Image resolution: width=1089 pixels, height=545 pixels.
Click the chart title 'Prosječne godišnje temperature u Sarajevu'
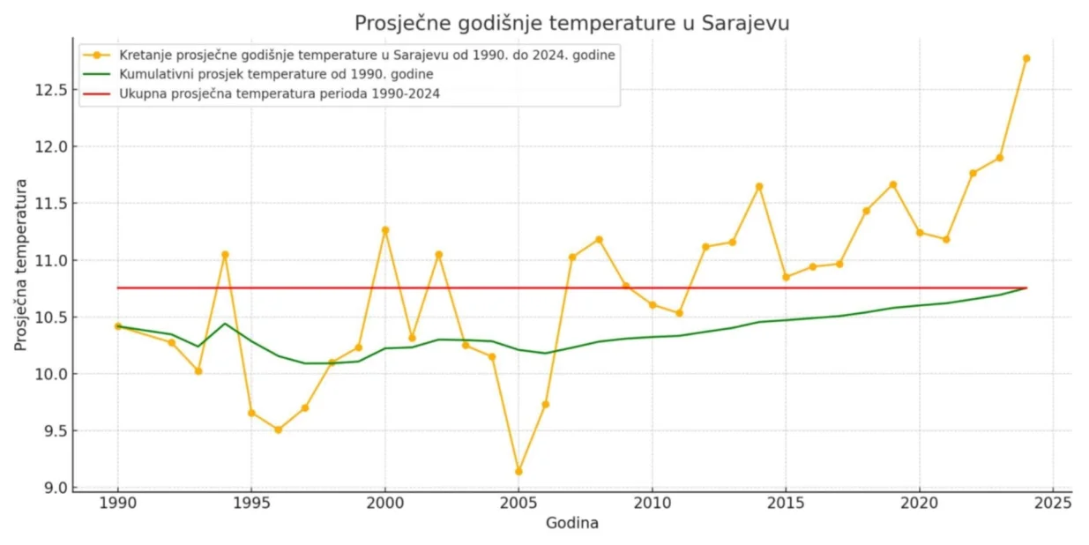(x=571, y=23)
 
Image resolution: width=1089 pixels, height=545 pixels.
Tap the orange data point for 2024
(x=1026, y=58)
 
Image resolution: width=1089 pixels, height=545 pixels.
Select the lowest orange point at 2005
(x=518, y=472)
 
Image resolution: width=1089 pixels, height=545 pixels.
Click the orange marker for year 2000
(x=385, y=230)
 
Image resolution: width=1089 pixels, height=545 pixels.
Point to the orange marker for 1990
(x=118, y=326)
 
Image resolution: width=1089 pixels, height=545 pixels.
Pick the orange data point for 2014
(x=759, y=186)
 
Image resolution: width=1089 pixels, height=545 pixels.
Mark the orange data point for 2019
(x=892, y=184)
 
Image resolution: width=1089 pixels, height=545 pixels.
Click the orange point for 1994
(x=225, y=254)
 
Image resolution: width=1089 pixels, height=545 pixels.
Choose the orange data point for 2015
(x=786, y=277)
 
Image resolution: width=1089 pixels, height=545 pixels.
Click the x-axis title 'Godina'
(x=571, y=523)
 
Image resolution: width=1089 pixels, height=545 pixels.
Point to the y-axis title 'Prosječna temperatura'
(x=20, y=265)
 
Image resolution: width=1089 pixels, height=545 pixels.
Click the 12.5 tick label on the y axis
(x=50, y=90)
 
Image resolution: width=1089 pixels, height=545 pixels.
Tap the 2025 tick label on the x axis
(x=1053, y=503)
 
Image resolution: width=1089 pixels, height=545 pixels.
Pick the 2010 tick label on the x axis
(x=653, y=503)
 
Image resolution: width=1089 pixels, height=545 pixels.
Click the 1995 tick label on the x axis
(x=251, y=503)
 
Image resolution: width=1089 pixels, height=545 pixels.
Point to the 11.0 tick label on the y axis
(x=50, y=260)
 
